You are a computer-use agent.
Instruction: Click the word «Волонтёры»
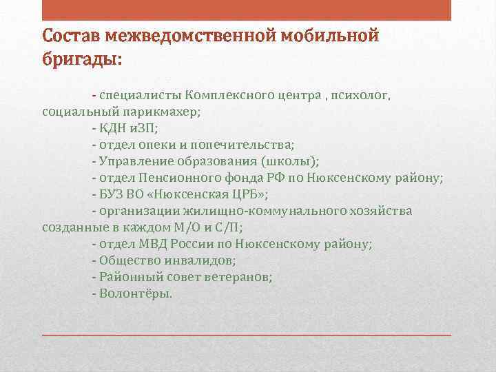136,293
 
